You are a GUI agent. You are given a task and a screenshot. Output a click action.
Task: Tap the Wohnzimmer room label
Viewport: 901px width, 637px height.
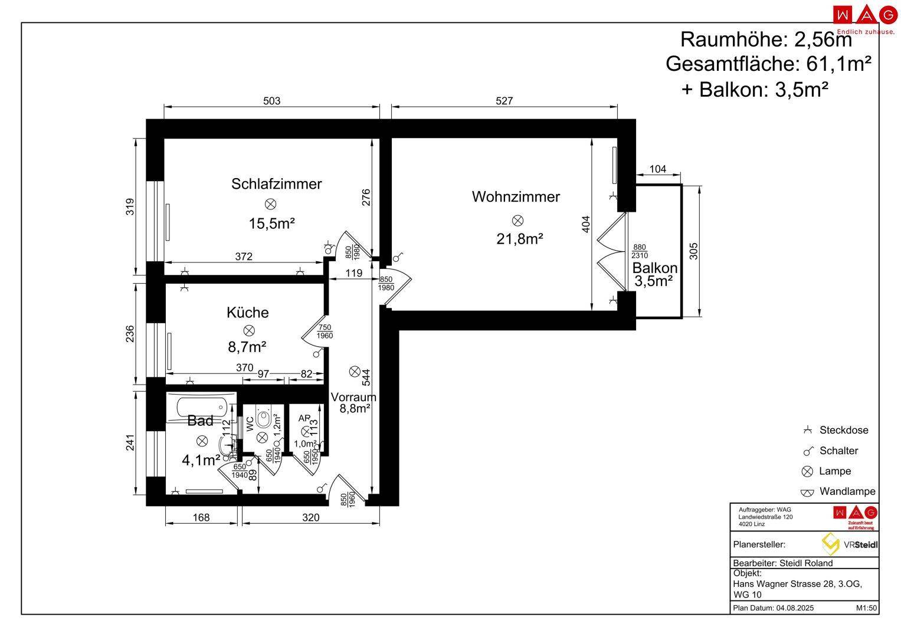point(516,196)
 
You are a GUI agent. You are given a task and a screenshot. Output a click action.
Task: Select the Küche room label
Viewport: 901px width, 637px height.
point(247,312)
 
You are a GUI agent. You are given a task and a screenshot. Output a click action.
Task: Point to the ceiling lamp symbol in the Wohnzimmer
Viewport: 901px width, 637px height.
point(517,221)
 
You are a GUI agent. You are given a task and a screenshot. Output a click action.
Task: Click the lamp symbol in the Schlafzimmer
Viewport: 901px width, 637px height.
point(271,204)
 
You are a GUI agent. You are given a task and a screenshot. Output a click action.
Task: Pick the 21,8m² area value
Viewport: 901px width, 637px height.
point(519,239)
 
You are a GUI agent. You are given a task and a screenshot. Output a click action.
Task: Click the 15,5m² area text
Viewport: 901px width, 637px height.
point(271,224)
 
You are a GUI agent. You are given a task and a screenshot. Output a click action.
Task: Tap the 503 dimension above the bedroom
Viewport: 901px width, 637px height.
point(271,101)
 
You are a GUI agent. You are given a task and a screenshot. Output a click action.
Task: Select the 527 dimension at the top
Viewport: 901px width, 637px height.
point(504,101)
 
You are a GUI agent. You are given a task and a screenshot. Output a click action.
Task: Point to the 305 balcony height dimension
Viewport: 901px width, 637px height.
point(694,251)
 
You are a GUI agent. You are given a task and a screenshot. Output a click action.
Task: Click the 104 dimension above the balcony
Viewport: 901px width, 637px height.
point(657,169)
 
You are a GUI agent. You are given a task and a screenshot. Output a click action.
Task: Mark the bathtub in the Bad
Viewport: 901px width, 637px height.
point(201,406)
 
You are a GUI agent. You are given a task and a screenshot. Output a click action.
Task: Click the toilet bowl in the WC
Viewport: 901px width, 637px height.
point(264,419)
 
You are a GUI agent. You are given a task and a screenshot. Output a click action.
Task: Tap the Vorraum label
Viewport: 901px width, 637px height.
point(353,397)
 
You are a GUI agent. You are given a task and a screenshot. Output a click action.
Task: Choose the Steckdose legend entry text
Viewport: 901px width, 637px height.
point(843,430)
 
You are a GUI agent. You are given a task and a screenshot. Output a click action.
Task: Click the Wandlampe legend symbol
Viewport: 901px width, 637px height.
point(807,492)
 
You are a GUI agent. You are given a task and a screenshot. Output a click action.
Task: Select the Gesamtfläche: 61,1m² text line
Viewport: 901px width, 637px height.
point(768,64)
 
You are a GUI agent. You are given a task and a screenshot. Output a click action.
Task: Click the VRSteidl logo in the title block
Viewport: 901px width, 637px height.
point(850,544)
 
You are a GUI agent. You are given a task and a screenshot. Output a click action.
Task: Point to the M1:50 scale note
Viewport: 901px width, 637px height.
point(866,608)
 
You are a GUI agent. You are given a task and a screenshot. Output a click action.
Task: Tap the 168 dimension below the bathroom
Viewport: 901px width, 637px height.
point(201,517)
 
